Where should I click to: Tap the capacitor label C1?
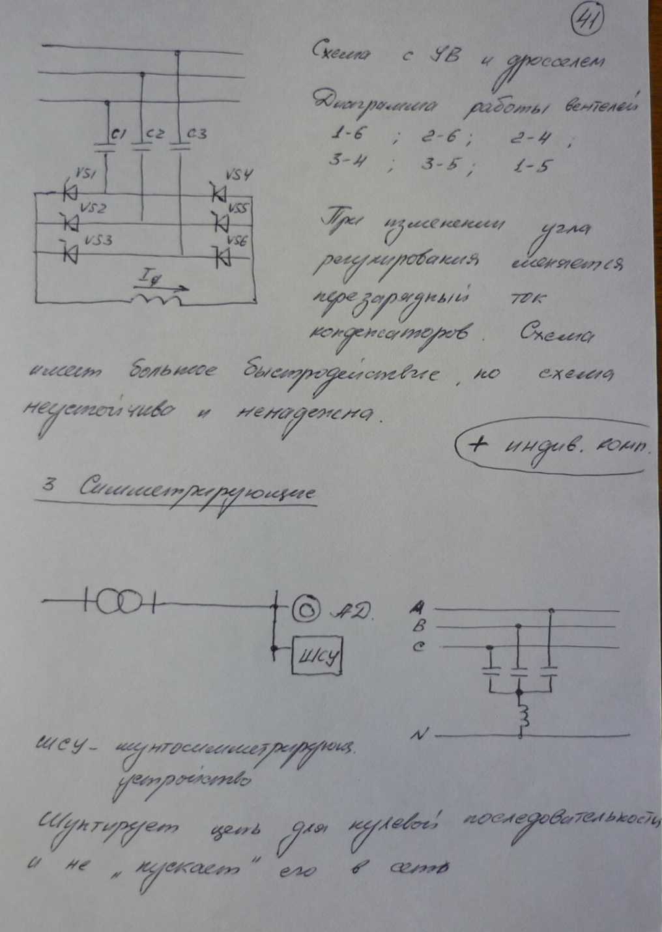click(x=119, y=134)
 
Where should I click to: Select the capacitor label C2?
click(x=155, y=134)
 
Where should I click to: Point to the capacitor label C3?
click(x=196, y=134)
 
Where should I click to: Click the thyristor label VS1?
click(x=86, y=174)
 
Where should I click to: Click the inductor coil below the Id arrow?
click(x=156, y=300)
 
